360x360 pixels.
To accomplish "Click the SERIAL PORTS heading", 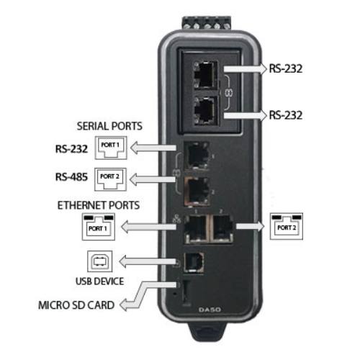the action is point(109,126).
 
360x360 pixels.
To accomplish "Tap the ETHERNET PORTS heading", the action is point(99,205).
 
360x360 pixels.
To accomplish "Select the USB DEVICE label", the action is point(99,282).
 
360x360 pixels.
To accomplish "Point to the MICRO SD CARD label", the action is point(76,305).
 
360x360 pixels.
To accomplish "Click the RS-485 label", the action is point(71,177).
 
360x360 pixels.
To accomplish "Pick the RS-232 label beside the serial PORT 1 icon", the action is point(71,149).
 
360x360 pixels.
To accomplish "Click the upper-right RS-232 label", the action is point(285,68).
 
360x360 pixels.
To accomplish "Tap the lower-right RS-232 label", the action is point(285,115).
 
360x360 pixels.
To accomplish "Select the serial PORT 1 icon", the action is point(111,148).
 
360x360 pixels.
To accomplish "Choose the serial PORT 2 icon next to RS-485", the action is point(110,179).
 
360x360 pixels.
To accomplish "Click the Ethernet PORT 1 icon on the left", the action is point(99,227).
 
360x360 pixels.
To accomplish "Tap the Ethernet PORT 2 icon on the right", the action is point(287,226).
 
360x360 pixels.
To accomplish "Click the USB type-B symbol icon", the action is point(99,261).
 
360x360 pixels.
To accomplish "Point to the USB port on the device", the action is point(194,262).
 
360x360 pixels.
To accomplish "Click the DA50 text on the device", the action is point(210,310).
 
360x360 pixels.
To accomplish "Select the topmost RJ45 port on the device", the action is point(205,74).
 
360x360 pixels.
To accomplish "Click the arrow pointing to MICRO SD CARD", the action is point(148,296).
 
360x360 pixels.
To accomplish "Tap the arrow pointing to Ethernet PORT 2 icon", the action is point(251,226).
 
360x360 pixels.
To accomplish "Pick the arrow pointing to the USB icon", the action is point(148,261).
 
